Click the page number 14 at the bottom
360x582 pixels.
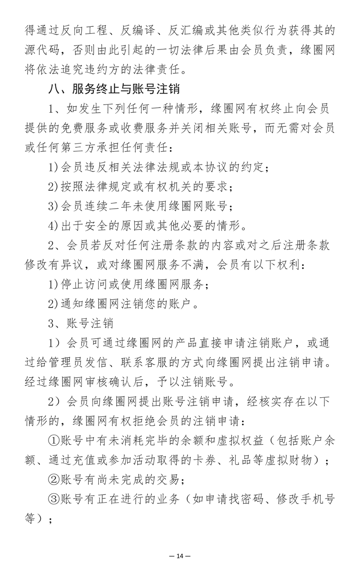[x=180, y=556]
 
